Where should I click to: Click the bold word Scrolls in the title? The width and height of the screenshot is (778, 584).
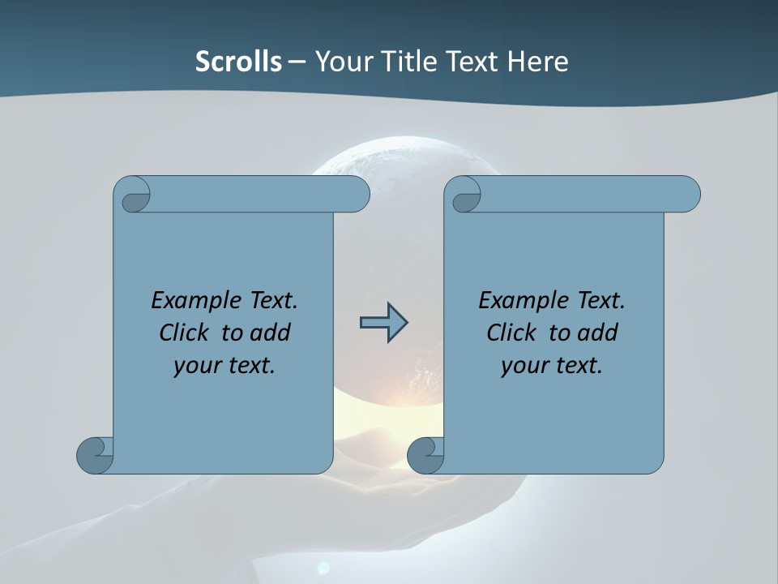(239, 62)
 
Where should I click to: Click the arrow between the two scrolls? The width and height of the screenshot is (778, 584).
(383, 323)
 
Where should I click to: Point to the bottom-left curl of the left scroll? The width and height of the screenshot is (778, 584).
(94, 456)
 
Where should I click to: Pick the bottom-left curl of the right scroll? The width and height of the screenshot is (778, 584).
(425, 456)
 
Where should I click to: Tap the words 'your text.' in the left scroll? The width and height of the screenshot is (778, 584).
(224, 365)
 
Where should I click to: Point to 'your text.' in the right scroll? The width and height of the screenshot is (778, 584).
(552, 365)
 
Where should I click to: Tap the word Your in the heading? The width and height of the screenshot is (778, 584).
(340, 62)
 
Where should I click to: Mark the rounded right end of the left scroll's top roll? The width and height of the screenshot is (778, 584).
(357, 194)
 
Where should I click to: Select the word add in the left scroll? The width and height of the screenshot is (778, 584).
(271, 333)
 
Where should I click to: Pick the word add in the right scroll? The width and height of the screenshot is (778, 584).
(598, 333)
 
